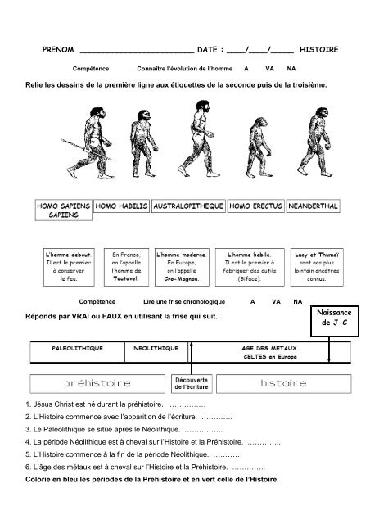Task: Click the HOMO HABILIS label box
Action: (x=122, y=207)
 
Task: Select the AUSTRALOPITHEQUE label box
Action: (x=189, y=207)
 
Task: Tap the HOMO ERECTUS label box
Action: (x=256, y=207)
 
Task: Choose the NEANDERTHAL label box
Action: (x=314, y=207)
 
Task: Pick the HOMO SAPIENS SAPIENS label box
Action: (x=63, y=212)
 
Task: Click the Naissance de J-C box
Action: (x=331, y=318)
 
